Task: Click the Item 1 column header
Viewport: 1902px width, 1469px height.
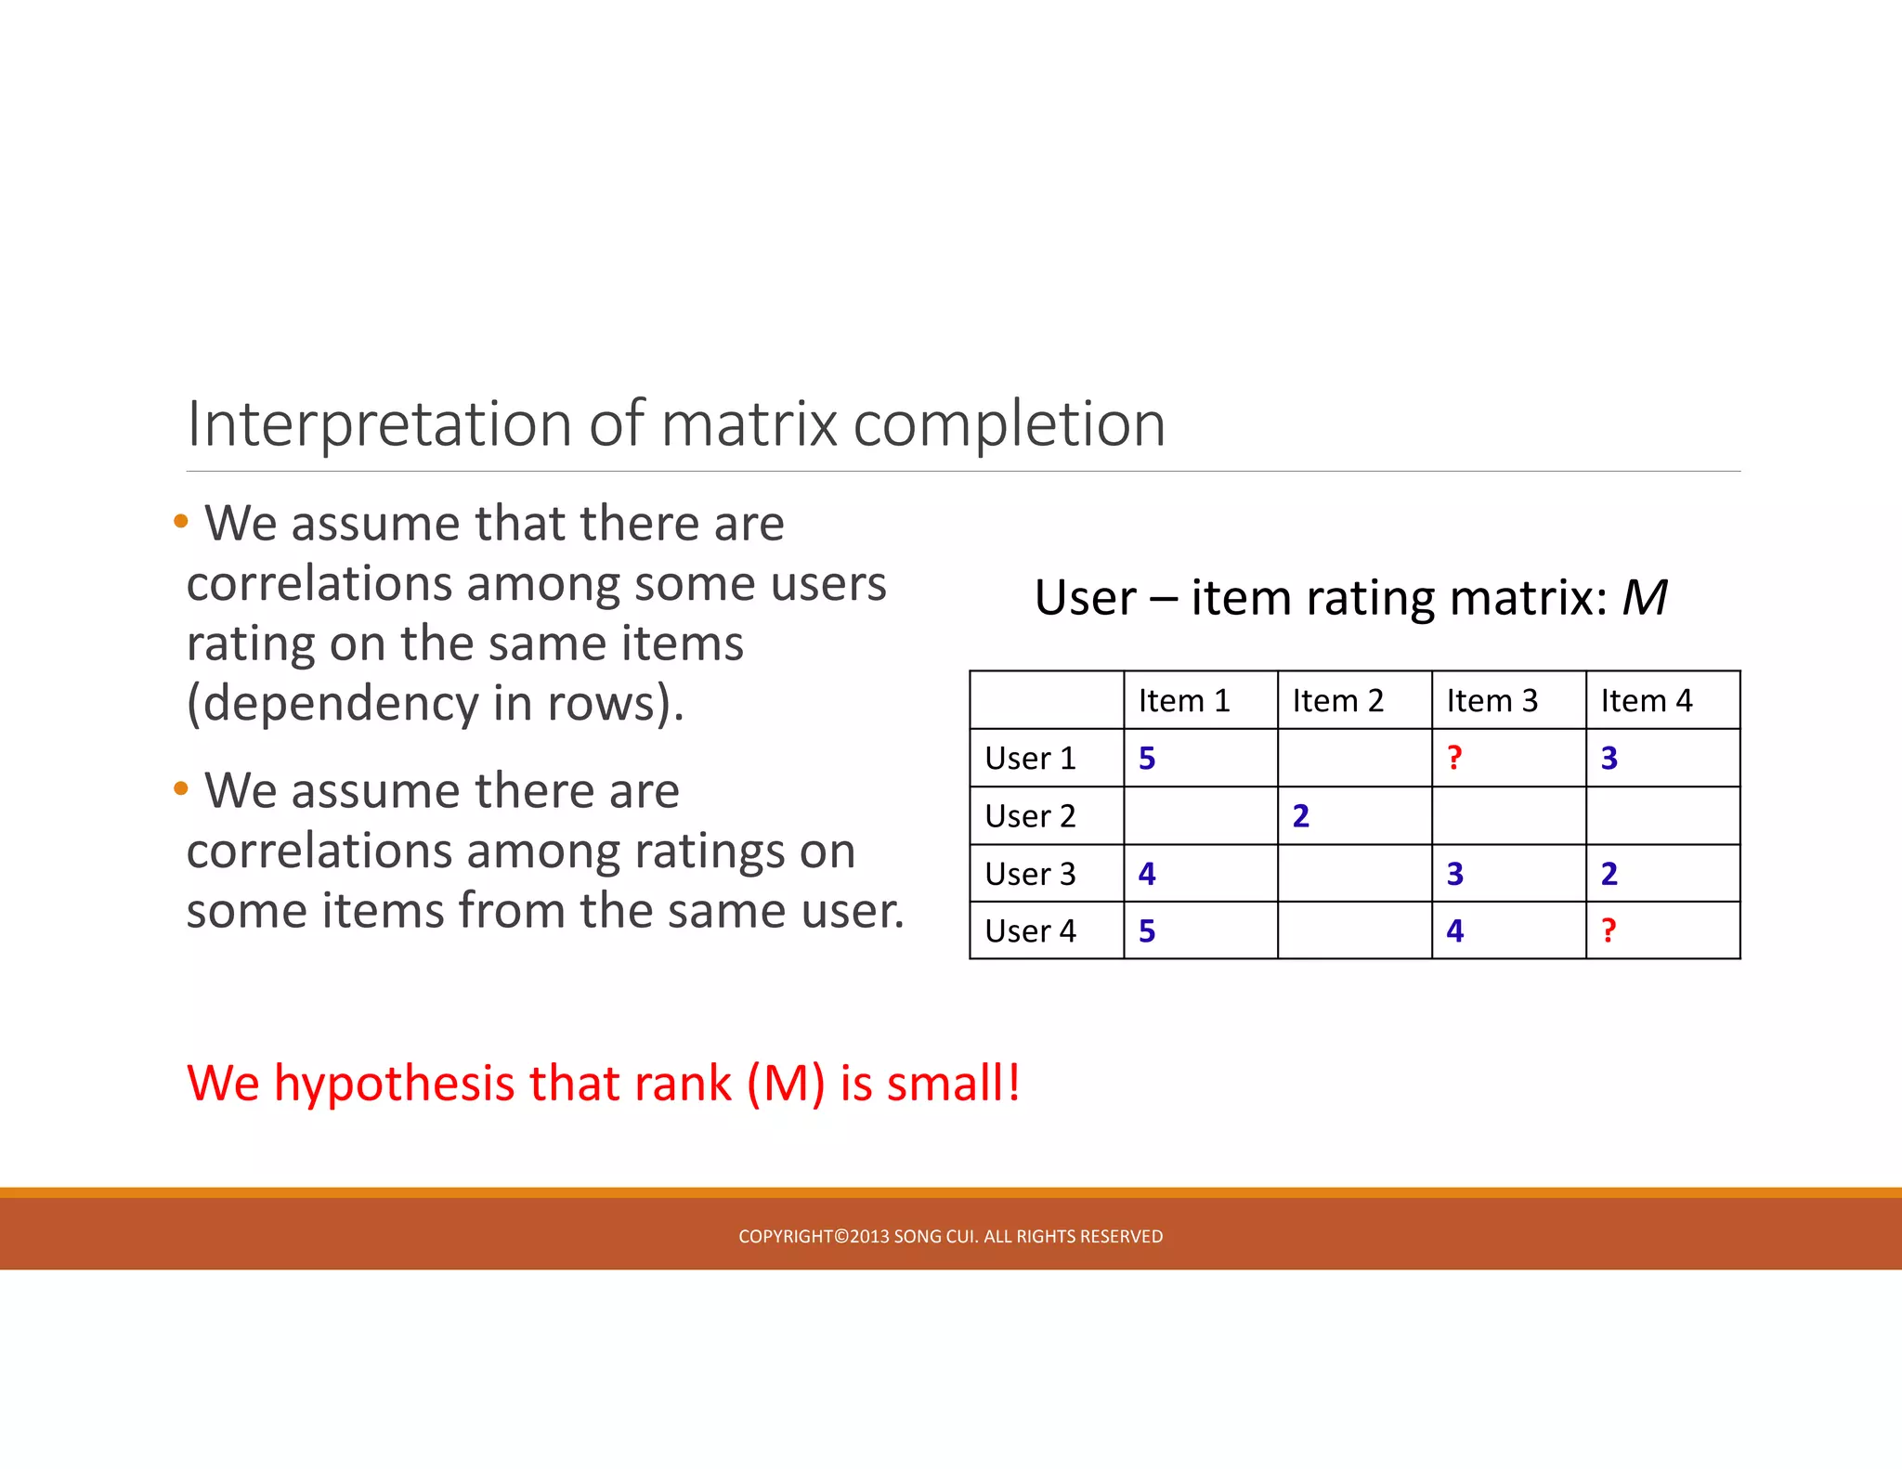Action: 1184,701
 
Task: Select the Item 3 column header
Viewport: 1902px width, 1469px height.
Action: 1492,701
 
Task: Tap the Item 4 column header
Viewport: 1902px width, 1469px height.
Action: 1646,701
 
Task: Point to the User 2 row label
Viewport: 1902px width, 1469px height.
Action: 1030,816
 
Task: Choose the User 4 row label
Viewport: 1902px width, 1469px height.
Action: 1030,931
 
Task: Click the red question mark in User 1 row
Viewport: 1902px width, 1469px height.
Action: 1454,758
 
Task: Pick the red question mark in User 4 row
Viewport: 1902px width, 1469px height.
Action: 1609,930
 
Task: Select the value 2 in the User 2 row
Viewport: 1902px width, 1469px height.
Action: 1300,816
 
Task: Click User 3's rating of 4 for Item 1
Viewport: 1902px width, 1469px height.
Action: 1147,874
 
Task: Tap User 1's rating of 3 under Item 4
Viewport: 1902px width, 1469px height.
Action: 1609,759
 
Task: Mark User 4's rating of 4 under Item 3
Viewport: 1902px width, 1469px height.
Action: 1454,931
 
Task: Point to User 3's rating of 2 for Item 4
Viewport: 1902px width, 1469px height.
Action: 1609,874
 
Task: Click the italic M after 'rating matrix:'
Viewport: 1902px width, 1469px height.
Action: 1644,597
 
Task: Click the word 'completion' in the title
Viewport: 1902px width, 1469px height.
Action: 1009,425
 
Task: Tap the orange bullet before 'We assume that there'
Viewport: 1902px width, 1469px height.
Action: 181,521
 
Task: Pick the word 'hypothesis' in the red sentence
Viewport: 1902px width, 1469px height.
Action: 394,1084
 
